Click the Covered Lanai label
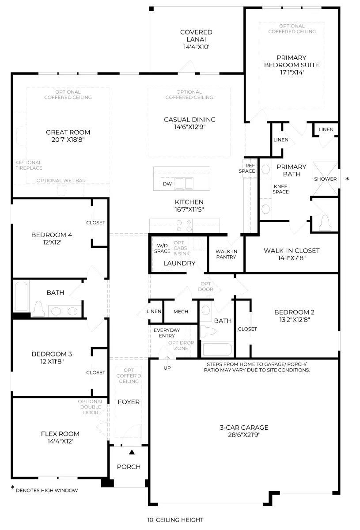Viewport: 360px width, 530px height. click(x=196, y=35)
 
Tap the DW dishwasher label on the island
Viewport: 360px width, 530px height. click(x=167, y=184)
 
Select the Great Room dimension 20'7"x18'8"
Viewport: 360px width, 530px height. click(x=68, y=140)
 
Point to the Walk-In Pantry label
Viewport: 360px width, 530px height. click(x=226, y=254)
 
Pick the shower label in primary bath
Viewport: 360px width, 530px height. click(x=325, y=179)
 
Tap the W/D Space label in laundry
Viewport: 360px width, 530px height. click(x=162, y=248)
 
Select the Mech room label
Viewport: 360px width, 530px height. click(x=181, y=311)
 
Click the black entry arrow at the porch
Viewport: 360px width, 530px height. click(x=132, y=452)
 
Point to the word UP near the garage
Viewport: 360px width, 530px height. click(x=168, y=367)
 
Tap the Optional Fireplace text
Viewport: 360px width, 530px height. click(x=29, y=165)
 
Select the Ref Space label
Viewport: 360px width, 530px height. click(x=247, y=168)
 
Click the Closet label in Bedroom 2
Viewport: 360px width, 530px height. click(x=247, y=329)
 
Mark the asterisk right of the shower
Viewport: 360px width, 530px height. click(x=347, y=179)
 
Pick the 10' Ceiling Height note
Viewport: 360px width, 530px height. click(x=175, y=520)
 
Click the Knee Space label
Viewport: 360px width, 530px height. click(x=280, y=189)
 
